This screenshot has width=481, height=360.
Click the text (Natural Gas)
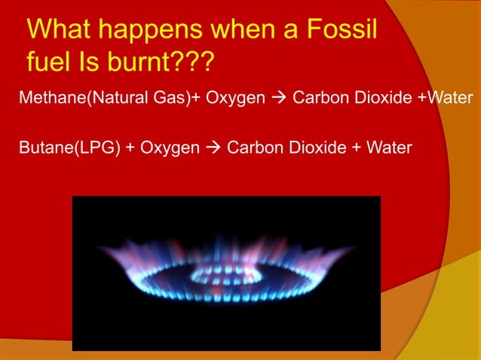point(133,99)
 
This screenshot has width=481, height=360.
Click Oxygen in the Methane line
point(238,99)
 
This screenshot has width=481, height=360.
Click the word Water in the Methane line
point(450,99)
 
